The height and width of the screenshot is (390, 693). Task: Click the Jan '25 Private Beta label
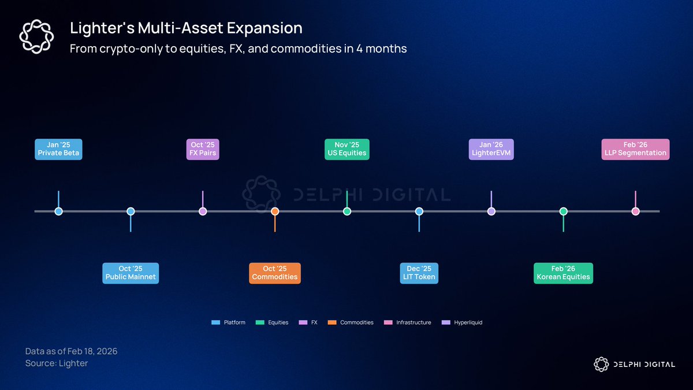58,149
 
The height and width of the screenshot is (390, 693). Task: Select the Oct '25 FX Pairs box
203,149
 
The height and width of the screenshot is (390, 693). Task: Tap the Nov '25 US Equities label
347,149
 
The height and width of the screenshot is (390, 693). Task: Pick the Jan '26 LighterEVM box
491,149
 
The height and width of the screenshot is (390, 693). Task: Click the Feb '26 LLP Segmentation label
635,149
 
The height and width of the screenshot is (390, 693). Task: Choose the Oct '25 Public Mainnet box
131,273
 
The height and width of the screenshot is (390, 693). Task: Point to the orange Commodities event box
275,273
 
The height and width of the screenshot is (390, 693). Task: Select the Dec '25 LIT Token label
419,273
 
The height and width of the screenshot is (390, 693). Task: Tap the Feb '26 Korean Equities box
564,273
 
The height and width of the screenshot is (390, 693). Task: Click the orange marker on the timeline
275,211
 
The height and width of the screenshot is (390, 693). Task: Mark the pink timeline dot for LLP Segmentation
635,211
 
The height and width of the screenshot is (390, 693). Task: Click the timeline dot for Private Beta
58,211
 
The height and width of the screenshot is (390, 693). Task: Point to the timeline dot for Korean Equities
564,211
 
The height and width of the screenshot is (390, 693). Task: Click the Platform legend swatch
215,322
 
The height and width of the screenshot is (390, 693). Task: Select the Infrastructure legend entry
408,322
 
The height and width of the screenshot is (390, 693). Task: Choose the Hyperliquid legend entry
462,322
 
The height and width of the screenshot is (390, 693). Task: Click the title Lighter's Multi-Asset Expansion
186,28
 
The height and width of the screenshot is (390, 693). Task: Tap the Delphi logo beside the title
36,36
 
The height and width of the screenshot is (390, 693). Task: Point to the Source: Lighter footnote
57,363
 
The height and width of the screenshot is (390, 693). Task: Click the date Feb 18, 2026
92,351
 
